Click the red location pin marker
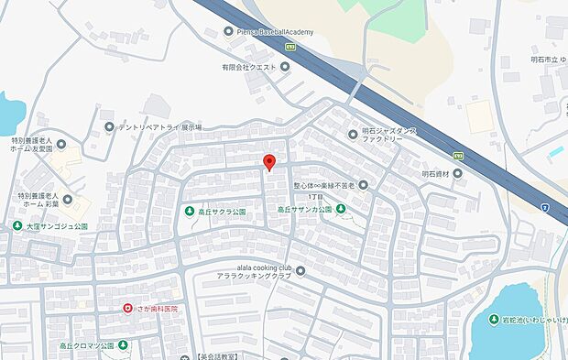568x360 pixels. (x=268, y=162)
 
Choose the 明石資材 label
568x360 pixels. (x=438, y=173)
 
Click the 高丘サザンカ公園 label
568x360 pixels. (x=304, y=210)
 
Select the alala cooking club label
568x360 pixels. (x=252, y=271)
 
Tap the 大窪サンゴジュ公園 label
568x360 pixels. (x=57, y=225)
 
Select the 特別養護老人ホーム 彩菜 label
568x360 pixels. (x=38, y=202)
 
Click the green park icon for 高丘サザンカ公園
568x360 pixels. (x=341, y=210)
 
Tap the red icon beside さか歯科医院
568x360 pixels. (x=128, y=309)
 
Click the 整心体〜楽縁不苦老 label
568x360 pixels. (x=322, y=186)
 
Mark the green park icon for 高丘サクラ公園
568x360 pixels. (x=188, y=212)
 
